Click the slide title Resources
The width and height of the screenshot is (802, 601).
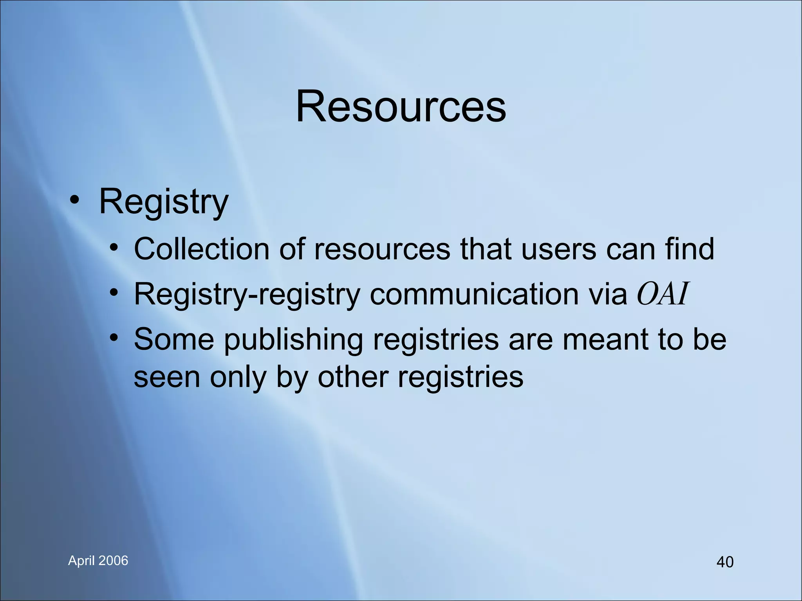tap(401, 106)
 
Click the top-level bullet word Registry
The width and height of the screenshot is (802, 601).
tap(164, 202)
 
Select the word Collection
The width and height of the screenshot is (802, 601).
tap(201, 249)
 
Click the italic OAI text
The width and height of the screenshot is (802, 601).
tap(662, 294)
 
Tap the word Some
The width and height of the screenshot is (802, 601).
tap(174, 339)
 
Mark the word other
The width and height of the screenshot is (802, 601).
tap(353, 377)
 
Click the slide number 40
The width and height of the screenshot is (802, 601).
tap(725, 562)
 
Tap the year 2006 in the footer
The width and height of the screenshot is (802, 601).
tap(114, 561)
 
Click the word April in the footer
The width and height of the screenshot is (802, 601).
tap(81, 561)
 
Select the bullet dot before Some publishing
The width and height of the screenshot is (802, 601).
tap(114, 338)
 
